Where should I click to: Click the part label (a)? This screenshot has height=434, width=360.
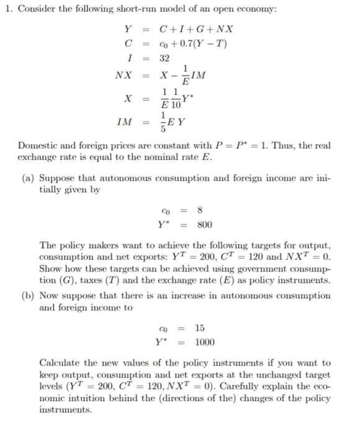(x=26, y=178)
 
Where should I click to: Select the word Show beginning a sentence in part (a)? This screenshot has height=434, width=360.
(x=50, y=268)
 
